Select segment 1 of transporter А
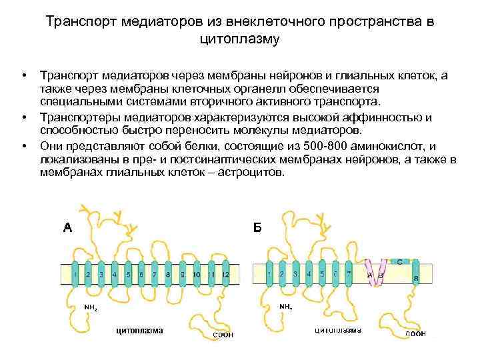(x=75, y=274)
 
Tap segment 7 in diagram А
(x=155, y=274)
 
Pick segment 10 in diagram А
(x=196, y=274)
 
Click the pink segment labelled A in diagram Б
(x=371, y=274)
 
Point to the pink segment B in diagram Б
(x=381, y=273)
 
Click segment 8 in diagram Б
(x=416, y=274)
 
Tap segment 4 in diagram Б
(x=309, y=274)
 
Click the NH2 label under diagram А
(x=91, y=307)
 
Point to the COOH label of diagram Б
(x=415, y=334)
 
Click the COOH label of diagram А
(x=223, y=335)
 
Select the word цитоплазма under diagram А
(x=139, y=329)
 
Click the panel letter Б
(x=258, y=228)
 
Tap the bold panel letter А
(x=67, y=228)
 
